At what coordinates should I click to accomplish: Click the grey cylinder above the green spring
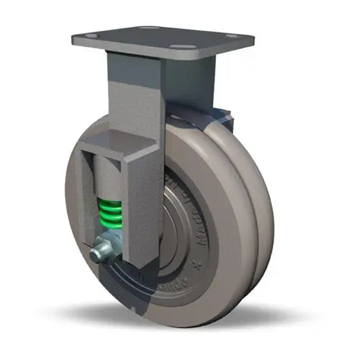pyautogui.click(x=107, y=177)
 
